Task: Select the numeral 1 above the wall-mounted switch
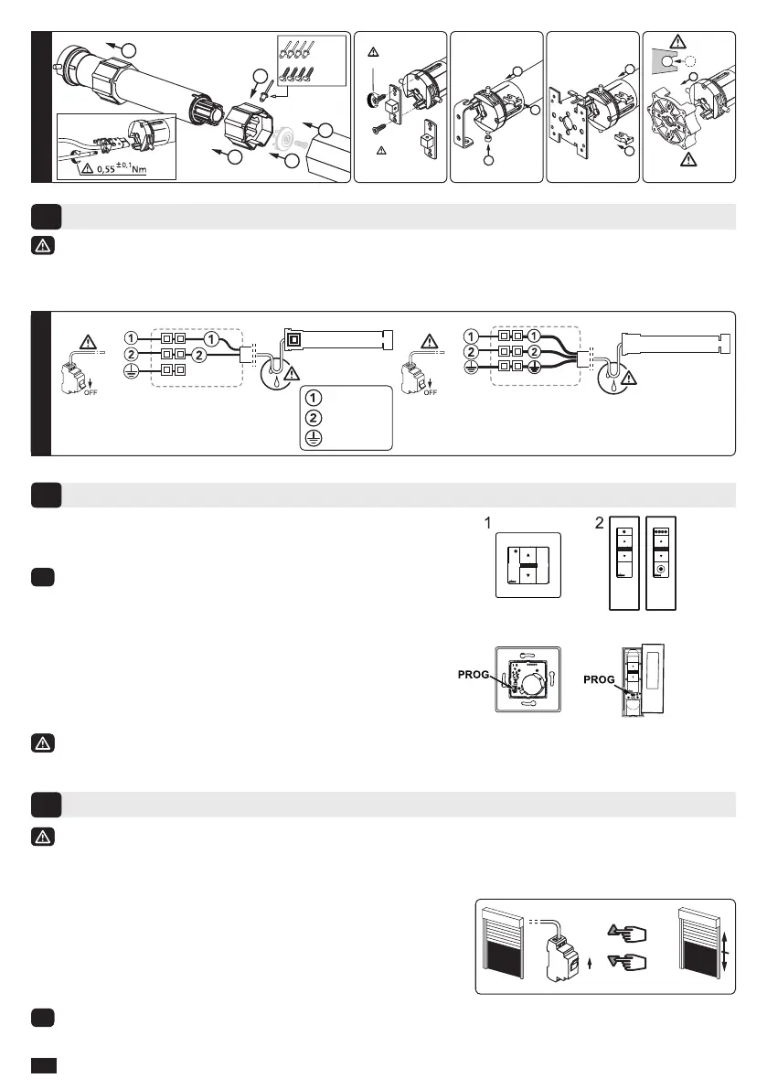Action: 488,524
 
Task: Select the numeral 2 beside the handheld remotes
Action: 598,524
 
